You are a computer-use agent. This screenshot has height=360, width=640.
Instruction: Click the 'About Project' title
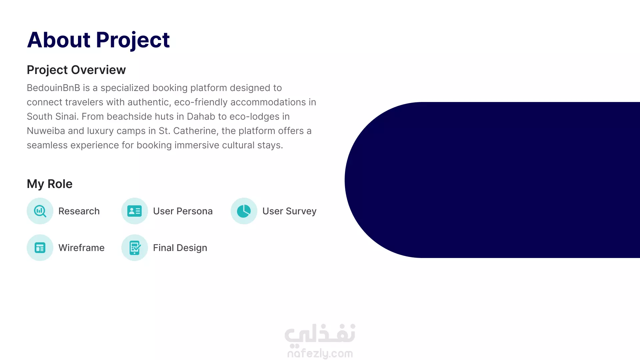[98, 40]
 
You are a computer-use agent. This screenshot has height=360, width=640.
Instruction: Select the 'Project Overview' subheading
[76, 70]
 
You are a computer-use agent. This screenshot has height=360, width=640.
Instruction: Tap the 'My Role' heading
[50, 184]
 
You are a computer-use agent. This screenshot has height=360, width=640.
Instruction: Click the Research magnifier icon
[40, 211]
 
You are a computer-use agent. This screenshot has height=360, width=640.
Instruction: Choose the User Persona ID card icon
[135, 211]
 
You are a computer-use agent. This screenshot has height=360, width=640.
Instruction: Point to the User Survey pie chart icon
[244, 211]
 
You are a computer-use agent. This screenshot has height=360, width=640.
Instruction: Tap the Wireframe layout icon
[40, 248]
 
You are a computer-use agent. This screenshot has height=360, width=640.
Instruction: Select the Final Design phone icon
[135, 248]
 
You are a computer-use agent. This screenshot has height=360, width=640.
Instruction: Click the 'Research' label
[79, 211]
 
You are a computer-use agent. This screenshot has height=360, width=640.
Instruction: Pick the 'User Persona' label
[183, 211]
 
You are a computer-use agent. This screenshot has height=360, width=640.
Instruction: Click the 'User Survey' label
[289, 211]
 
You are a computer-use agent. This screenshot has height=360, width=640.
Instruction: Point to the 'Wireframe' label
[81, 248]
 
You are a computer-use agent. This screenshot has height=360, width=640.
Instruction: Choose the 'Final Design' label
[180, 248]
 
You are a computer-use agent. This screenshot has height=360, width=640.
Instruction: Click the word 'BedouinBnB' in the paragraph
[53, 88]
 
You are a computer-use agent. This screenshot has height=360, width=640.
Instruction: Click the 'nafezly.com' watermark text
[320, 353]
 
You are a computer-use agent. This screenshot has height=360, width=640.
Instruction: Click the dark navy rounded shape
[492, 180]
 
